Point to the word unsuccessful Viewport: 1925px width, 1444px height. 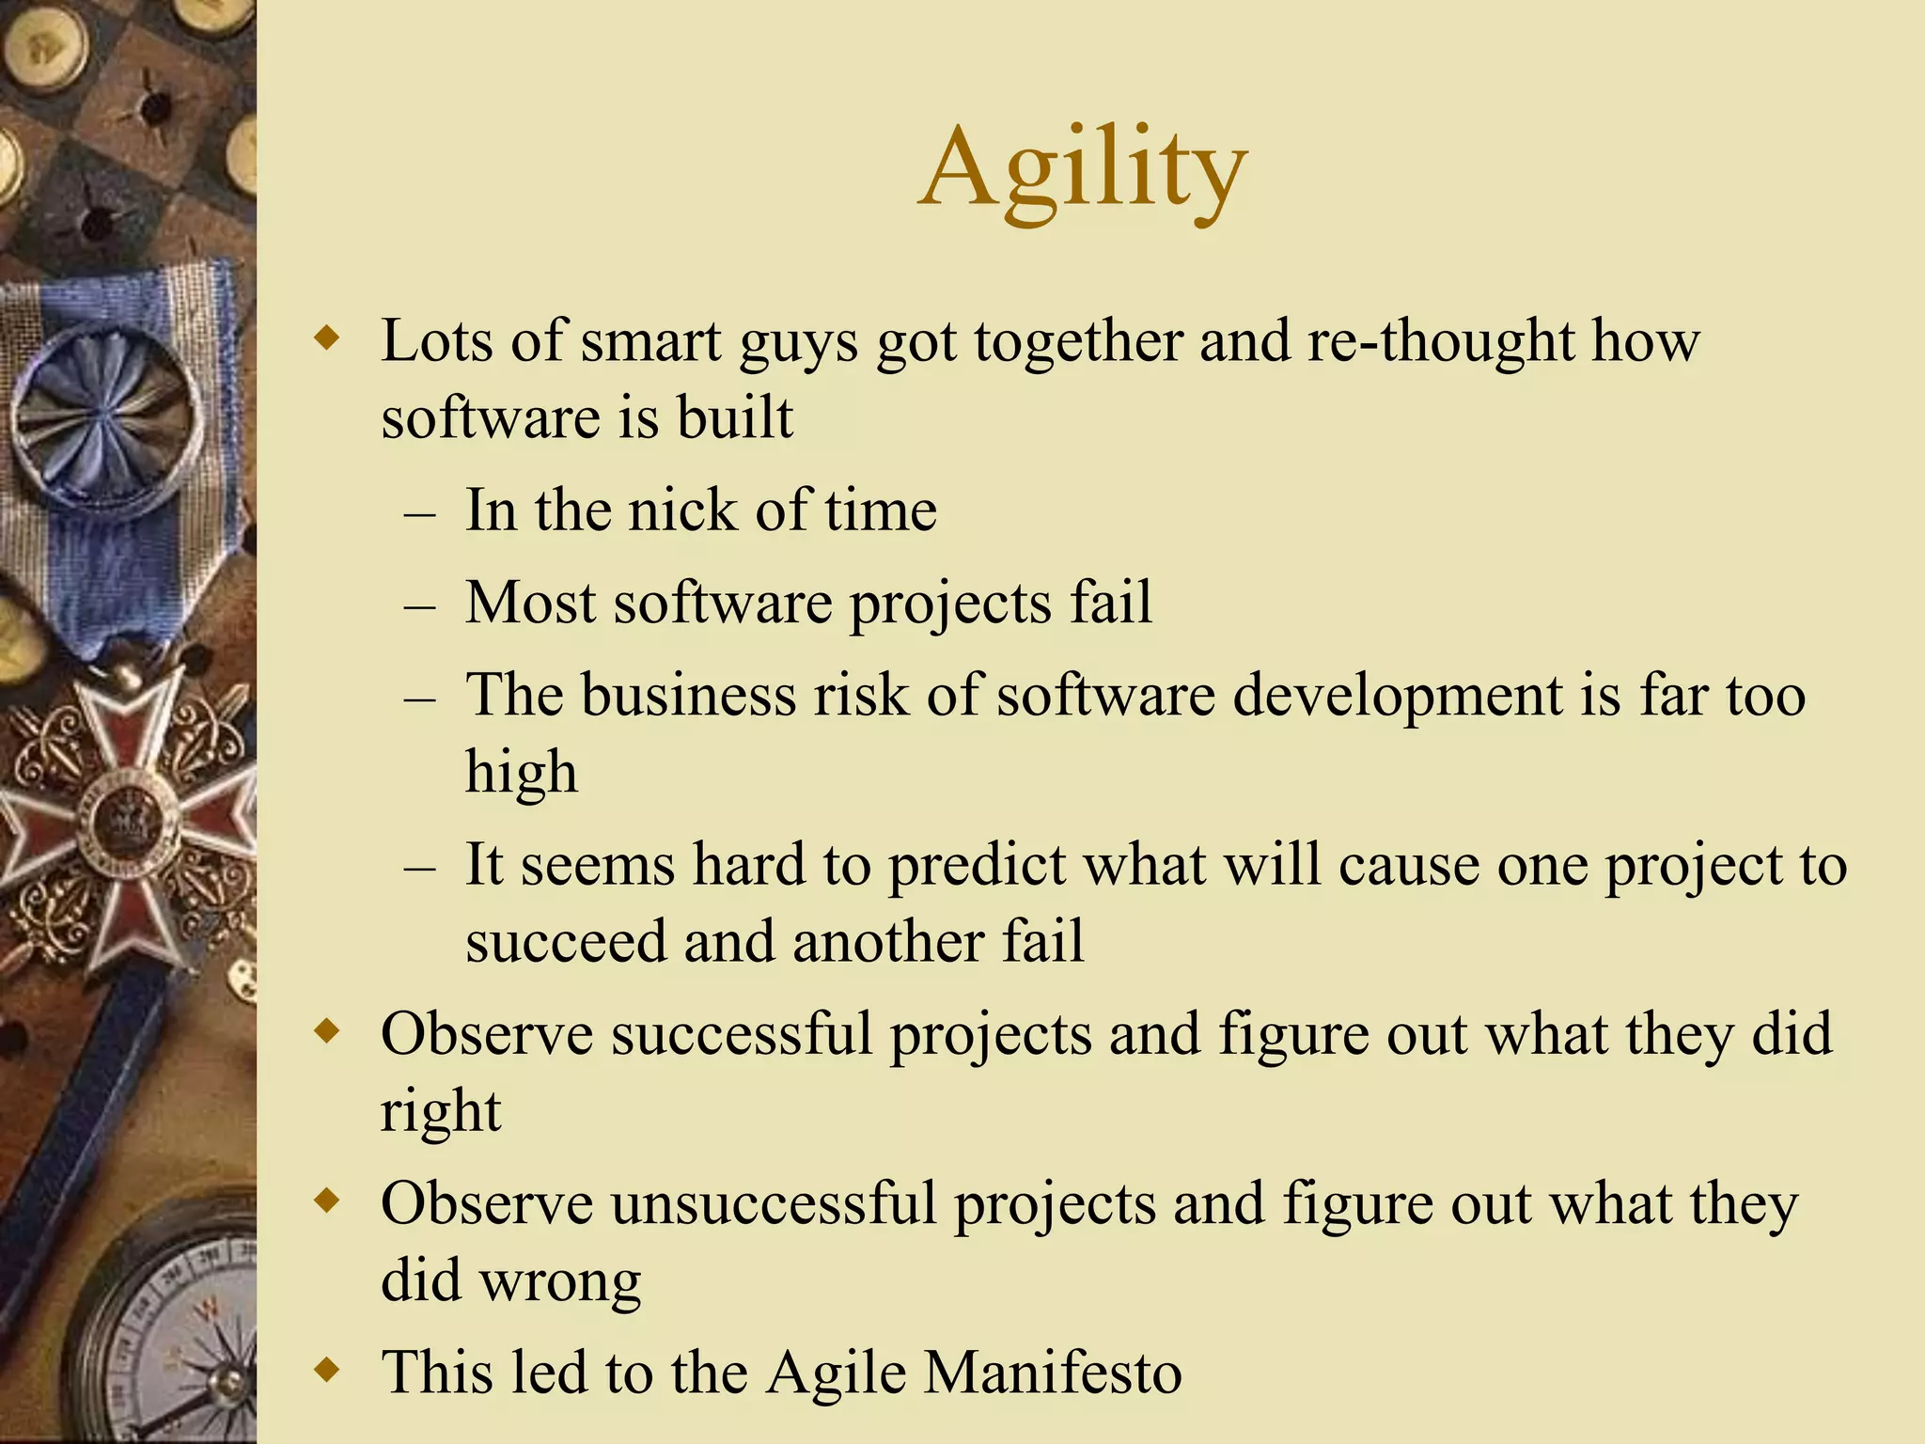pyautogui.click(x=774, y=1203)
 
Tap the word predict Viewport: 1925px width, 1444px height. pyautogui.click(x=978, y=867)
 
